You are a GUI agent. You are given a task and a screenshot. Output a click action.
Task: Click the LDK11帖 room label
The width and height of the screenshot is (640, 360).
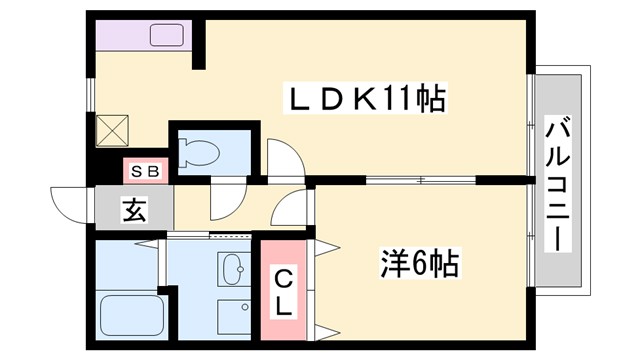coord(365,100)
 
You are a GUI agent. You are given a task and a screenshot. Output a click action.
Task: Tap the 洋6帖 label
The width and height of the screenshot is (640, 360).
coord(419,264)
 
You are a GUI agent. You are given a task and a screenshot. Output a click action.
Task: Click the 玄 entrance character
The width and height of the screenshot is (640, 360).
coord(132,210)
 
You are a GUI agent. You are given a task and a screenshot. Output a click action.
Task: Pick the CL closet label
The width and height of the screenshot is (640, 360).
coord(284,290)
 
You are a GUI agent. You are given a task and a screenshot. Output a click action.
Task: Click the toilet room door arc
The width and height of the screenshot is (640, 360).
coord(282,157)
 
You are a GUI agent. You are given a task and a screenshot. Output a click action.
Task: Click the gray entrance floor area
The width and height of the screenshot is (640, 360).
coord(134,210)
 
